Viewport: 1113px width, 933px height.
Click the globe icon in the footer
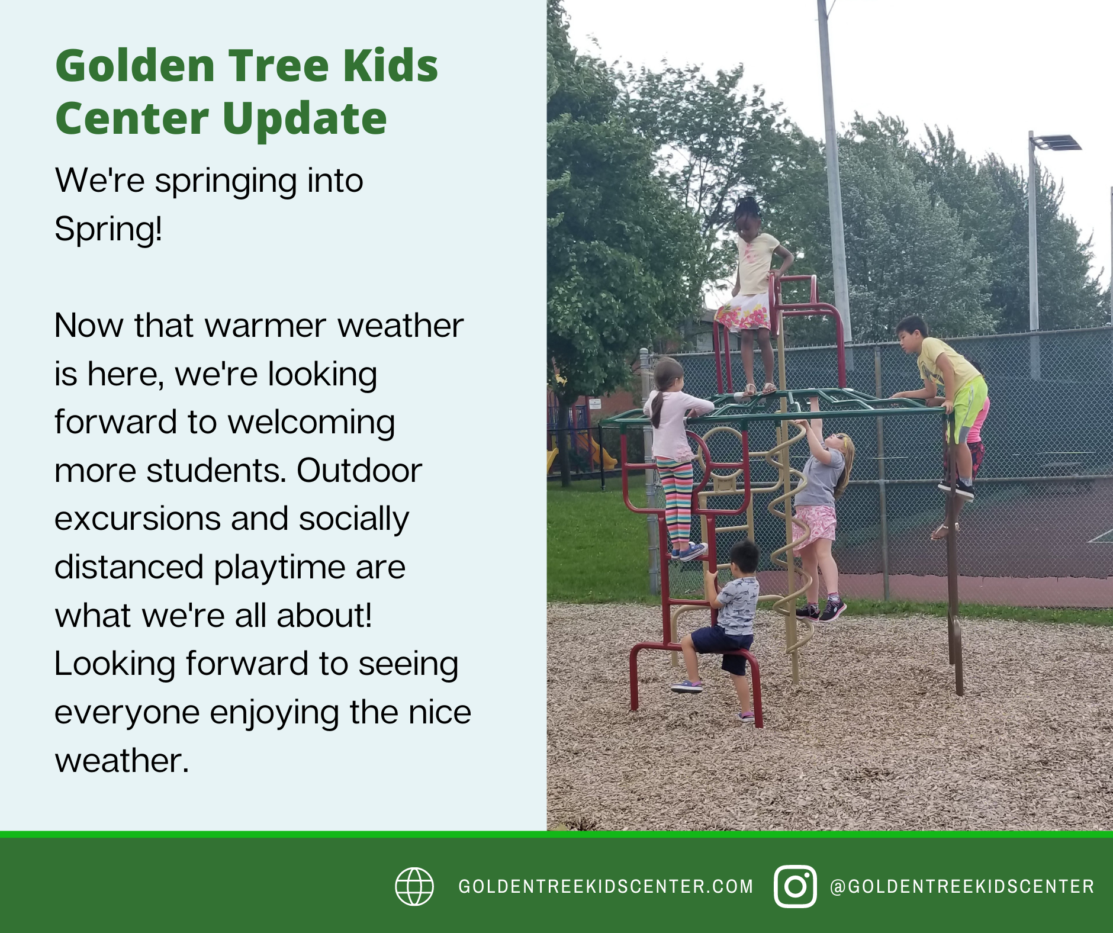414,886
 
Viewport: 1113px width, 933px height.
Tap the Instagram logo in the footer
795,886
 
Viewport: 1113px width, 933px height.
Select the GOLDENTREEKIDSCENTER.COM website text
606,886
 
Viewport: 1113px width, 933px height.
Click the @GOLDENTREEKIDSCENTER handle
962,886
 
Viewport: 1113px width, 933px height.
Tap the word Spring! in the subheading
108,229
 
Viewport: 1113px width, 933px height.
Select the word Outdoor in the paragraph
359,471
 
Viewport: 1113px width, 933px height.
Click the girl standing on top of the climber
752,295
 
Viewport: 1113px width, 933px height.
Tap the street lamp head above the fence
1056,142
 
